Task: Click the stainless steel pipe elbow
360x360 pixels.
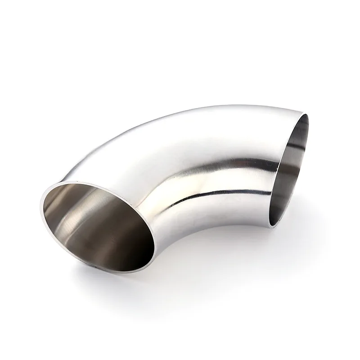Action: point(189,171)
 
